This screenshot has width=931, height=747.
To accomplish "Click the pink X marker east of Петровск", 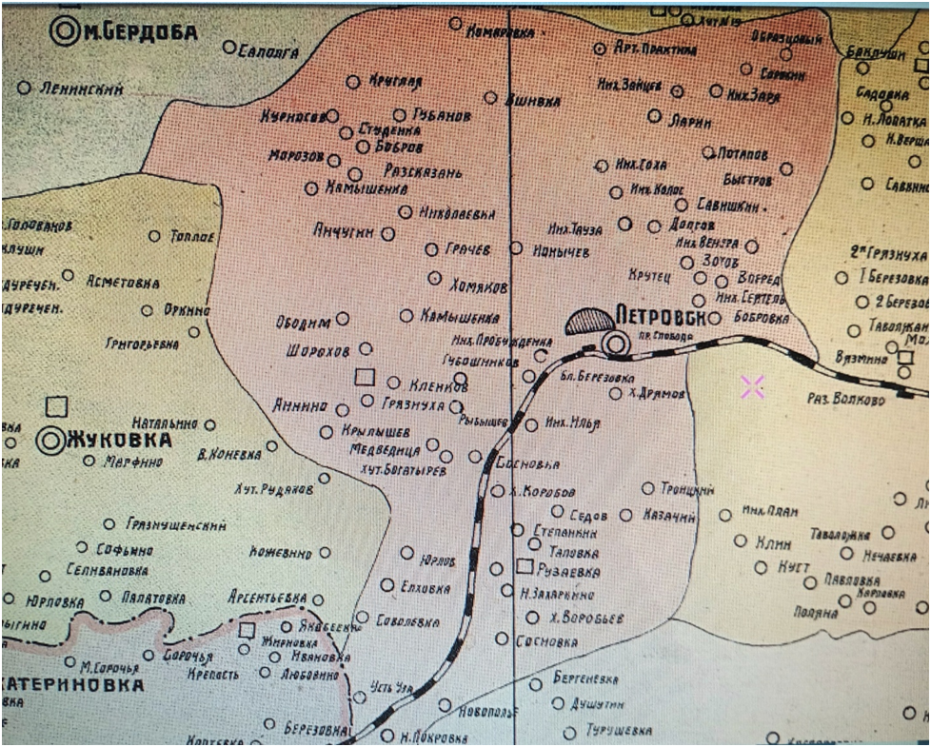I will pos(752,386).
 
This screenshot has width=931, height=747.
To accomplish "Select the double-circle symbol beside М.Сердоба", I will pos(68,31).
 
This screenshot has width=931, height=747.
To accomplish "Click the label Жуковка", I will pos(119,441).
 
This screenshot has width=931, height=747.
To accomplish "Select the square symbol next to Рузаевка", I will pos(524,567).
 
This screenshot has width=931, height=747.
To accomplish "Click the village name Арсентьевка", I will pos(266,598).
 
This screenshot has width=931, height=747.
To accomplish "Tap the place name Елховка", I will pos(426,588).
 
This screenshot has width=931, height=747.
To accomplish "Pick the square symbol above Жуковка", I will pos(57,406).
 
